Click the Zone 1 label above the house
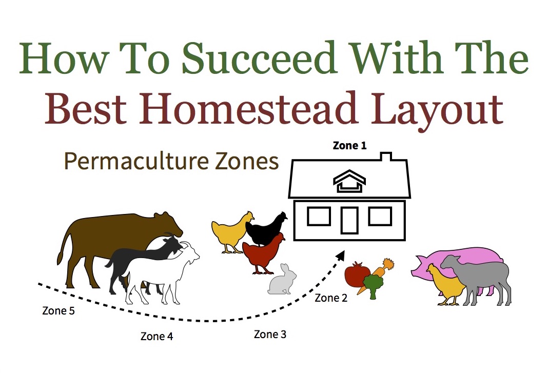point(350,146)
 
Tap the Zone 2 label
point(331,298)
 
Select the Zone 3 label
point(270,335)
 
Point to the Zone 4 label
point(157,337)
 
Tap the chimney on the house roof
point(386,156)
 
